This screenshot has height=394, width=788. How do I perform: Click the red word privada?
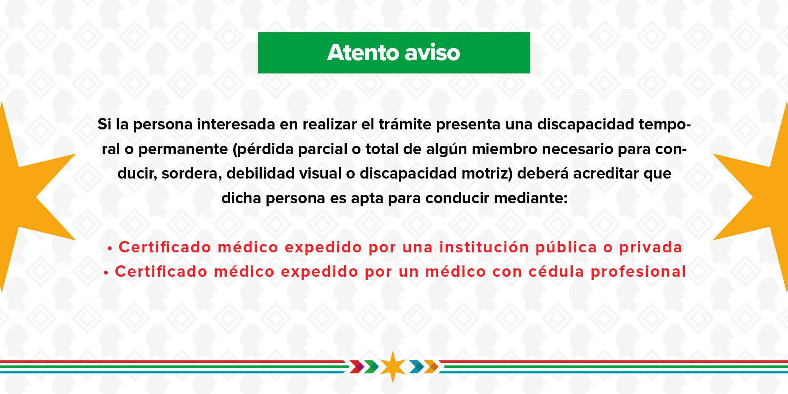(x=650, y=247)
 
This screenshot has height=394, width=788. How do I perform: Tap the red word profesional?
(x=638, y=272)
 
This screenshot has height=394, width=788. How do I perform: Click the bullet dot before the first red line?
(x=110, y=249)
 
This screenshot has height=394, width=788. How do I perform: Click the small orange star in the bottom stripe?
(x=393, y=367)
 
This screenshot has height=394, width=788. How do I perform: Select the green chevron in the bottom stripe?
(x=371, y=367)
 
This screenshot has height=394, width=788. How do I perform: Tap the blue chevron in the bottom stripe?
(x=416, y=367)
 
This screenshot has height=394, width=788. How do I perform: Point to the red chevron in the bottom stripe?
(x=357, y=367)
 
